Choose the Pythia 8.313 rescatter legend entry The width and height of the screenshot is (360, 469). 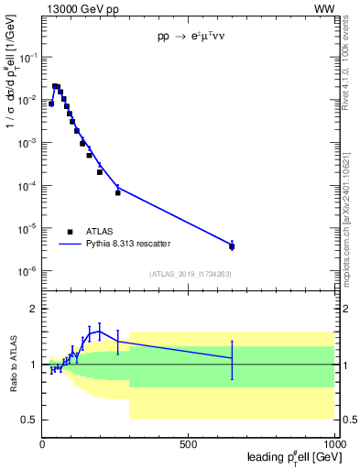(128, 244)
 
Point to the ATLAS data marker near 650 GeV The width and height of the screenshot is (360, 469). (232, 246)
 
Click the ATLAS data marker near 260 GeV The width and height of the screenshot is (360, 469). (118, 192)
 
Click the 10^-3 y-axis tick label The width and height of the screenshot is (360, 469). (28, 143)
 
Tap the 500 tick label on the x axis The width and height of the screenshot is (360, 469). (189, 444)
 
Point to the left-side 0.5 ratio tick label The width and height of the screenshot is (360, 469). (28, 420)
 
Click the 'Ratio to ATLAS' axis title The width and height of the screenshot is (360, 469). (11, 363)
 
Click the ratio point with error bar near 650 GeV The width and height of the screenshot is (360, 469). (232, 358)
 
